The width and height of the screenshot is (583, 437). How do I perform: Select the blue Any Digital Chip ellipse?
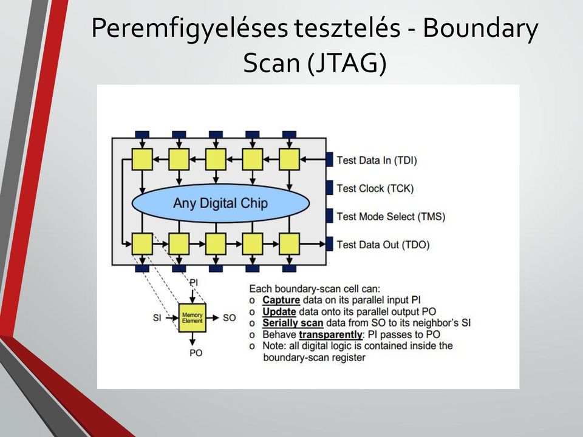click(221, 203)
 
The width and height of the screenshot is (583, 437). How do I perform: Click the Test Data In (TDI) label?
click(377, 160)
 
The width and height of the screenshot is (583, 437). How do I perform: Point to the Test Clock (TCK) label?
click(375, 188)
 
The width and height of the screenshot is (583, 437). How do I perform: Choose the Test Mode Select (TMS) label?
click(390, 217)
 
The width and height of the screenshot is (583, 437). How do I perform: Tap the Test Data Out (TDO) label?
click(383, 245)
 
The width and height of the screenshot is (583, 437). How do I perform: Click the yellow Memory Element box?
click(193, 317)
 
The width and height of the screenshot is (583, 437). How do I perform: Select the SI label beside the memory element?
click(157, 317)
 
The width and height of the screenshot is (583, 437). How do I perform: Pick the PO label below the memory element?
click(196, 353)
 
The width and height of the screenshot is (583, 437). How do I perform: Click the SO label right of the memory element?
click(230, 317)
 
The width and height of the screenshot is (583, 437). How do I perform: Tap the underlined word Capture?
click(281, 300)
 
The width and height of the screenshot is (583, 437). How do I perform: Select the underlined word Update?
click(279, 311)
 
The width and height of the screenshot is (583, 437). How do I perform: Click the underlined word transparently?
click(330, 334)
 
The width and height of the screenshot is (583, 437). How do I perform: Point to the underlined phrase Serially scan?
click(293, 323)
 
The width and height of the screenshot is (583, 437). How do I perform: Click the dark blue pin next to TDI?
click(329, 160)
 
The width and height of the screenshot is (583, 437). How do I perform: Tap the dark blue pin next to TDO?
click(329, 244)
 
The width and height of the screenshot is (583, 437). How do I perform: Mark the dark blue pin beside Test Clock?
click(329, 188)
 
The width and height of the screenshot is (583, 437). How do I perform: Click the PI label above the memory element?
click(194, 282)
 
